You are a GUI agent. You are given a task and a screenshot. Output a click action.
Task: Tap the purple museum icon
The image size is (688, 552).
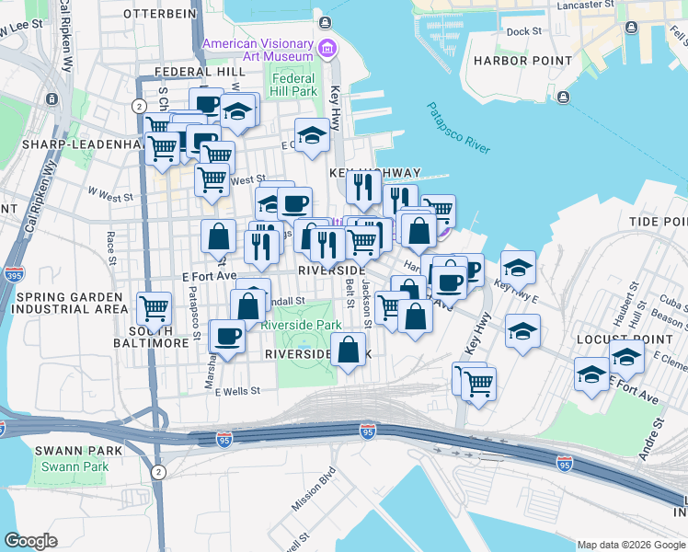325,48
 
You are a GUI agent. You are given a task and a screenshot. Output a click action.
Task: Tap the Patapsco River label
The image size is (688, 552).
458,128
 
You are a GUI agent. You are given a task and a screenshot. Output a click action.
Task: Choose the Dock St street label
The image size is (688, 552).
524,31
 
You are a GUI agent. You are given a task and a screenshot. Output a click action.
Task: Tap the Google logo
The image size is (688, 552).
31,541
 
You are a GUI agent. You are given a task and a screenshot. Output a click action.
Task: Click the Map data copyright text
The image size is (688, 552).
632,545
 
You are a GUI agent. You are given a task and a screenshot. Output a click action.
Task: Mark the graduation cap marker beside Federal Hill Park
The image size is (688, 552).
313,135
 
